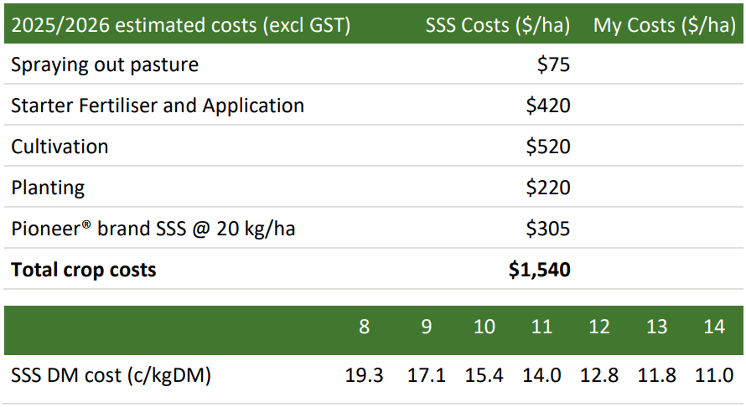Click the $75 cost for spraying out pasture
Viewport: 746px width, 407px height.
click(553, 65)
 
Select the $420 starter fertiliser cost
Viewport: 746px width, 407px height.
click(548, 106)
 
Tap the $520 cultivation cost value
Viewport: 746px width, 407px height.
click(548, 147)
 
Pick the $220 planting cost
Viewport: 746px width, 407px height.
click(548, 188)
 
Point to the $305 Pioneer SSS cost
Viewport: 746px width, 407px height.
click(548, 229)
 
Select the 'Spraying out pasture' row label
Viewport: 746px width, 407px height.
click(105, 65)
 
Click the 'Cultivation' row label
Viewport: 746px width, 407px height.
click(60, 147)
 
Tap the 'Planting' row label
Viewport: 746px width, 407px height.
click(48, 188)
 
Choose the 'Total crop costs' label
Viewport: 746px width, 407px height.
click(83, 270)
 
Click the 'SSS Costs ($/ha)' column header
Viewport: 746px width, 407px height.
click(497, 25)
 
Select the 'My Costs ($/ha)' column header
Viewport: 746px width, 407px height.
click(665, 25)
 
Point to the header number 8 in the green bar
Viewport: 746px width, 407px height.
click(364, 327)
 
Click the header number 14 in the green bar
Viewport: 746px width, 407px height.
click(714, 327)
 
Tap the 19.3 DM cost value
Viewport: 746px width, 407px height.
click(365, 375)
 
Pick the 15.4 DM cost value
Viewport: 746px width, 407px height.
click(484, 375)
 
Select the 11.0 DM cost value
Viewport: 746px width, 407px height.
click(714, 375)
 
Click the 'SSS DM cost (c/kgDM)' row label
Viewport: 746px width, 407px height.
click(111, 375)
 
